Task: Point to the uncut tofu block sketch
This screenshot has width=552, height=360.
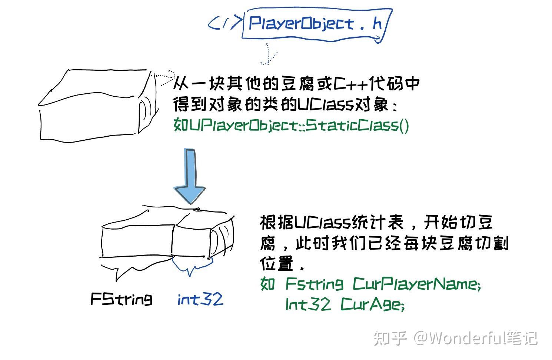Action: click(x=96, y=106)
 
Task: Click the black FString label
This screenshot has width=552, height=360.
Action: click(x=121, y=299)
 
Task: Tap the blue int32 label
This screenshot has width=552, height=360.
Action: click(x=200, y=299)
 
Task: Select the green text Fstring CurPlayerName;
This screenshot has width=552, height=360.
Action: click(x=383, y=284)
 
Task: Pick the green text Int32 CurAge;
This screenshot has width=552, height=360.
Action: click(x=345, y=304)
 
